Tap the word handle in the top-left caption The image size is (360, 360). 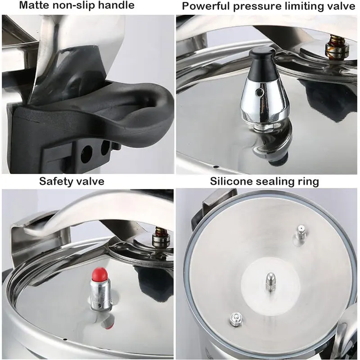[x=117, y=6]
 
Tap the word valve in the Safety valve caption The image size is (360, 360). [x=90, y=181]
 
